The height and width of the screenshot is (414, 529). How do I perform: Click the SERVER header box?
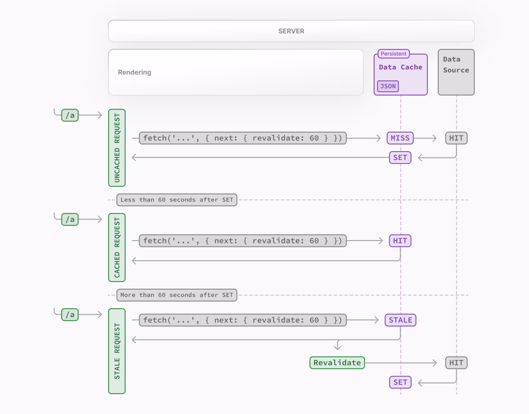291,31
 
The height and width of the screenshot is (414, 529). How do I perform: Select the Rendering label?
135,72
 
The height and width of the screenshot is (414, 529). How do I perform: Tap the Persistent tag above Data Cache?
393,54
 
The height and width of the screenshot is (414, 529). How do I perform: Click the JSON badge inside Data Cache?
388,86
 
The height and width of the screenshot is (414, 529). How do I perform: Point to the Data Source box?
456,72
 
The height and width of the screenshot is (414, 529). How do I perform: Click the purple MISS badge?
400,138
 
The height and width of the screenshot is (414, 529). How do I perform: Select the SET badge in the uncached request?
400,158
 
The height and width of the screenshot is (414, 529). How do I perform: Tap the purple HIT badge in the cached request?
400,241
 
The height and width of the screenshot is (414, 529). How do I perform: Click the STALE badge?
400,320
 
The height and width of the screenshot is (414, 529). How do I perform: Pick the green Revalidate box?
337,363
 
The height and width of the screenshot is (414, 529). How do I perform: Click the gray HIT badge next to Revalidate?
456,363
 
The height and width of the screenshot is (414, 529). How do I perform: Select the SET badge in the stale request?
400,382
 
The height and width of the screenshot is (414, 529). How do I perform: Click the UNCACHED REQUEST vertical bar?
117,148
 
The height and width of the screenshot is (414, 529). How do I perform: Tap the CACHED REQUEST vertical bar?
117,247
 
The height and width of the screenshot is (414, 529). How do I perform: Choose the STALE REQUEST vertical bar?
117,351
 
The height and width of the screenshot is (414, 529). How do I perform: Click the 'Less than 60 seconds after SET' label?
177,200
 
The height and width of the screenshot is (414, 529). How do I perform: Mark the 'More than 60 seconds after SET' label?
177,295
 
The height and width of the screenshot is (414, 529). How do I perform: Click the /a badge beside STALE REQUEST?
70,314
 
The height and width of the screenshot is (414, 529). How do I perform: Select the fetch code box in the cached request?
243,241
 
